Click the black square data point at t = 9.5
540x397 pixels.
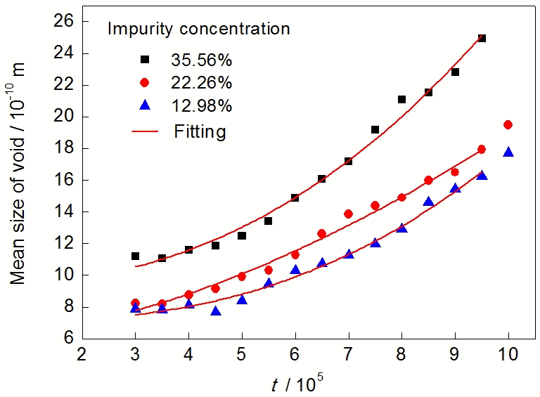click(482, 39)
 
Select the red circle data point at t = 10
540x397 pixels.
click(508, 124)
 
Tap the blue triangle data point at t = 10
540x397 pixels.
click(508, 152)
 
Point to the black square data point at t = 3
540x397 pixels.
click(135, 256)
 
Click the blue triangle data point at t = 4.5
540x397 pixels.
click(216, 311)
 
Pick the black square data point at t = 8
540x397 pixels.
click(402, 99)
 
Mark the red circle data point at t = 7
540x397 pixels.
click(348, 214)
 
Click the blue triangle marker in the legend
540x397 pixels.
click(144, 105)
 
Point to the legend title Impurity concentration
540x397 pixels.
click(198, 30)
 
